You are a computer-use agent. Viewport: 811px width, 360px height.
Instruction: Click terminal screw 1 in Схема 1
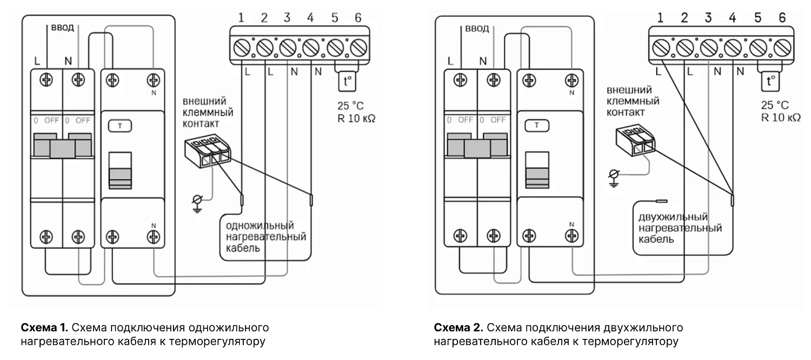241,49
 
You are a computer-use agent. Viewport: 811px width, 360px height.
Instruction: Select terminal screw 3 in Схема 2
708,49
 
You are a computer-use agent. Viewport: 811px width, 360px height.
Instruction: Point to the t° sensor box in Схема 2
770,82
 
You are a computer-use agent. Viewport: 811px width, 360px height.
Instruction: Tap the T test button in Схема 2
537,125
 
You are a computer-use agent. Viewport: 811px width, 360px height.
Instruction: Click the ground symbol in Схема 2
613,176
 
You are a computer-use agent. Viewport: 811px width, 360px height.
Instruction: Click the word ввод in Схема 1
63,28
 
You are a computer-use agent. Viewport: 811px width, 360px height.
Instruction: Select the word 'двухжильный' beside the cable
673,217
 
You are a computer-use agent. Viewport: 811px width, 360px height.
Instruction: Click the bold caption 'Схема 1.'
44,328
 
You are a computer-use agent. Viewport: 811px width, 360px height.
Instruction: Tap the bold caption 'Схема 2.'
458,328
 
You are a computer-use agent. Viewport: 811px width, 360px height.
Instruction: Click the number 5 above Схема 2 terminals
757,18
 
